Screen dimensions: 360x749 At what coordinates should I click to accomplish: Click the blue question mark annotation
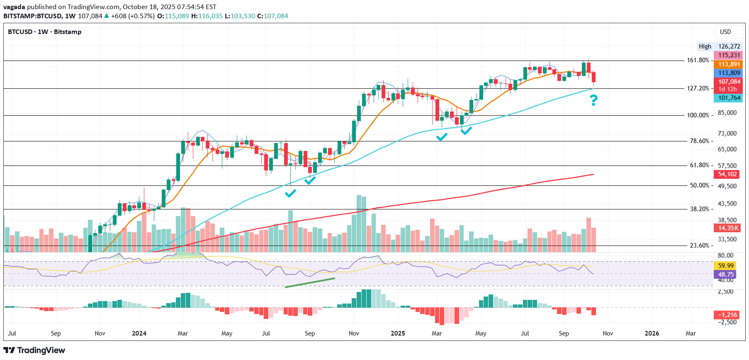click(593, 100)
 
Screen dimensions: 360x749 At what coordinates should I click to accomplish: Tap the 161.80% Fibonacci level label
click(698, 60)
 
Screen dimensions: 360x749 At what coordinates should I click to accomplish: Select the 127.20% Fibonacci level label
click(698, 88)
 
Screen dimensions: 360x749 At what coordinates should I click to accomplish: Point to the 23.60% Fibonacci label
click(699, 246)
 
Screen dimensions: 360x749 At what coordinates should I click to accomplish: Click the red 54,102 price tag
click(727, 174)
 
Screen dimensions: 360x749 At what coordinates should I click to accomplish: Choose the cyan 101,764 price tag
click(728, 98)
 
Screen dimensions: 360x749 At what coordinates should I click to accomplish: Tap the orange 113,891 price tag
click(728, 64)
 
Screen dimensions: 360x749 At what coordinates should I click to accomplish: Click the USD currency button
click(725, 32)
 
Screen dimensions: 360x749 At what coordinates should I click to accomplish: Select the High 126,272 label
click(720, 46)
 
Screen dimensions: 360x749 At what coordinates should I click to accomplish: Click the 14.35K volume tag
click(728, 228)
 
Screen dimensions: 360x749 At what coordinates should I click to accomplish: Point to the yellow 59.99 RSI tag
click(726, 265)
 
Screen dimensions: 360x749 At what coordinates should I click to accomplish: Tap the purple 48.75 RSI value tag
click(726, 274)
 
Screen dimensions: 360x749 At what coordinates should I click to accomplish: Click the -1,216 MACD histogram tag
click(728, 315)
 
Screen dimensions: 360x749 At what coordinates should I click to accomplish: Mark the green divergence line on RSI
click(310, 282)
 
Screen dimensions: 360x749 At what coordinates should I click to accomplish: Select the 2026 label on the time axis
click(652, 333)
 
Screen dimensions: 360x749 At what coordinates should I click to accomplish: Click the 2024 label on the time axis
click(139, 333)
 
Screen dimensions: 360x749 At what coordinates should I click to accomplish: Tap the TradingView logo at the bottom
click(34, 350)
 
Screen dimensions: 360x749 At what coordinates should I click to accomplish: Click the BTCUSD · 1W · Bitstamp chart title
click(44, 32)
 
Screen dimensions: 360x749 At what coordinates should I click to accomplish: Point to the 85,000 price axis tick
click(727, 113)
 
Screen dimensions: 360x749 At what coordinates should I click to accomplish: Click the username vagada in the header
click(14, 7)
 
